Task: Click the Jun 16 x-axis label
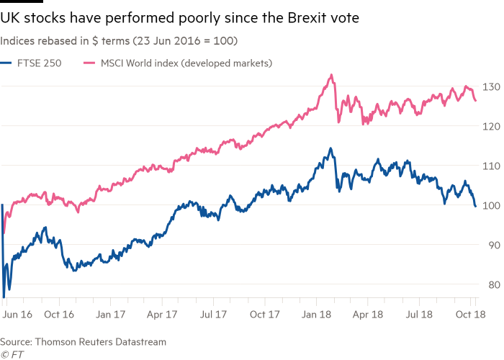coord(17,315)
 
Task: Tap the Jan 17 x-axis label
coord(111,315)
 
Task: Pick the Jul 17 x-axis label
coord(214,315)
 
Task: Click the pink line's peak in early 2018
coord(331,74)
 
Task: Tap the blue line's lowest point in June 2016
coord(4,297)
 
